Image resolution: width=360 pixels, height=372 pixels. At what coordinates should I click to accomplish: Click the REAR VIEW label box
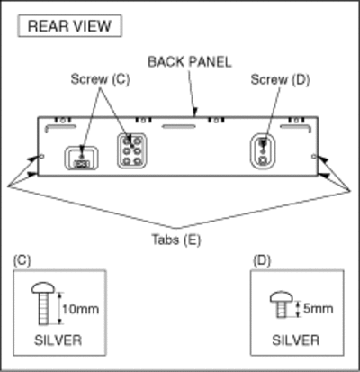point(70,26)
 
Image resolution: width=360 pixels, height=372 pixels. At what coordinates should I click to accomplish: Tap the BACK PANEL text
point(190,62)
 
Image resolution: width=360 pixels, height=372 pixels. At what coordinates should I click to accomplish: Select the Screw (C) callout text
point(101,79)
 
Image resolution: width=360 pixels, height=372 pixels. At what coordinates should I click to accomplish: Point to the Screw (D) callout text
point(280,80)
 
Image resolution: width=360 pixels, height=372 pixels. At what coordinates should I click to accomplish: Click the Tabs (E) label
point(176,240)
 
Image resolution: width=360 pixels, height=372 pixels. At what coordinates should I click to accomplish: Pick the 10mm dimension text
point(81,309)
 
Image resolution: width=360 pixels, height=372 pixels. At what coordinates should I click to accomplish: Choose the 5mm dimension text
point(319,309)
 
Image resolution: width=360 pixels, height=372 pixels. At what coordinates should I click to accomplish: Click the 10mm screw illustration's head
point(43,287)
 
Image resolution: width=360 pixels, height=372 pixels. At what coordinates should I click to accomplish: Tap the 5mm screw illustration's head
point(281,296)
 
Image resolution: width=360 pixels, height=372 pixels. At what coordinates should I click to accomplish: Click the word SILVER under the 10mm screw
point(58,340)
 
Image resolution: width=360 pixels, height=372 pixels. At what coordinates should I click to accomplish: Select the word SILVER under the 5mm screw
point(296,340)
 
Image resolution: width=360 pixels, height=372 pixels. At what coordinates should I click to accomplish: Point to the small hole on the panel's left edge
point(41,157)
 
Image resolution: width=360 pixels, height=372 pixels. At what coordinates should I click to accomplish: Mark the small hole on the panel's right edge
point(314,157)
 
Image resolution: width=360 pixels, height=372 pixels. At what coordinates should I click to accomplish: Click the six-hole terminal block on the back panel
point(132,150)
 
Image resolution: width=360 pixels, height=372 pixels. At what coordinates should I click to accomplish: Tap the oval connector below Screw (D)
point(263,150)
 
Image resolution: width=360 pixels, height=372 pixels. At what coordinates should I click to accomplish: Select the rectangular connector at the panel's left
point(81,158)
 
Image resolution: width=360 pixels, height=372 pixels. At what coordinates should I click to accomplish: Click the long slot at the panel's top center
point(179,126)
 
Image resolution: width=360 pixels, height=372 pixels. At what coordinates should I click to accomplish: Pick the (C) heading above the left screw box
point(22,260)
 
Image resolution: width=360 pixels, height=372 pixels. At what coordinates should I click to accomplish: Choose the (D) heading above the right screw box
point(262,260)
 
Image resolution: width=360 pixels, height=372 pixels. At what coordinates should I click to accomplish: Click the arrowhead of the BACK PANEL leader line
point(194,113)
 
